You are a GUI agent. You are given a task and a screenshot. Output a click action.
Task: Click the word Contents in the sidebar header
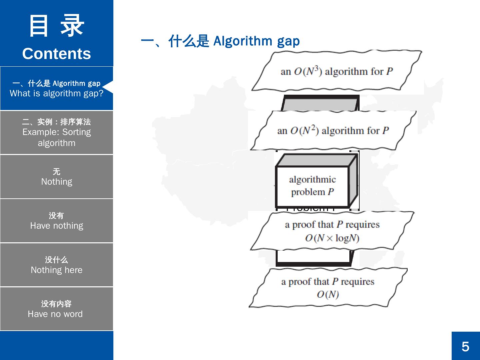pyautogui.click(x=57, y=54)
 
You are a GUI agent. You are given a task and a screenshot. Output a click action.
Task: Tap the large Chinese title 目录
pyautogui.click(x=57, y=26)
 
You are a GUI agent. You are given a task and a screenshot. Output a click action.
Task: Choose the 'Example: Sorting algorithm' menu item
pyautogui.click(x=57, y=133)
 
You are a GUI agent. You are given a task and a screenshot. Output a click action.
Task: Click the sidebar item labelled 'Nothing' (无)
pyautogui.click(x=57, y=177)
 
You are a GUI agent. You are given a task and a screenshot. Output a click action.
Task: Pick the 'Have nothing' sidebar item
pyautogui.click(x=57, y=221)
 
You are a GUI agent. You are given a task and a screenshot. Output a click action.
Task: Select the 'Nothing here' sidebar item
pyautogui.click(x=57, y=265)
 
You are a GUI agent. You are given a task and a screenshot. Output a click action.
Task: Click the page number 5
pyautogui.click(x=465, y=347)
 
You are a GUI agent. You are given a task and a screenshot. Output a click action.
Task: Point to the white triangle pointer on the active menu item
pyautogui.click(x=109, y=87)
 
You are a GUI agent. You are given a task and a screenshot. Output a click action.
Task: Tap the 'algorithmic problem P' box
pyautogui.click(x=312, y=186)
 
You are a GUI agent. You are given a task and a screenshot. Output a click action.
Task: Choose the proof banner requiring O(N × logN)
pyautogui.click(x=332, y=231)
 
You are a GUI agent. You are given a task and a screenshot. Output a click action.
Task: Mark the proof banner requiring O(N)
pyautogui.click(x=328, y=288)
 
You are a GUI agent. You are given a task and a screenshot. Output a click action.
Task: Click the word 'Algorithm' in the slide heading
pyautogui.click(x=243, y=41)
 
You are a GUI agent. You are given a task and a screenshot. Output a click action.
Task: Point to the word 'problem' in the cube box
pyautogui.click(x=308, y=192)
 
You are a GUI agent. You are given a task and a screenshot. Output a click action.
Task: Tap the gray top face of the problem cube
pyautogui.click(x=317, y=160)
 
